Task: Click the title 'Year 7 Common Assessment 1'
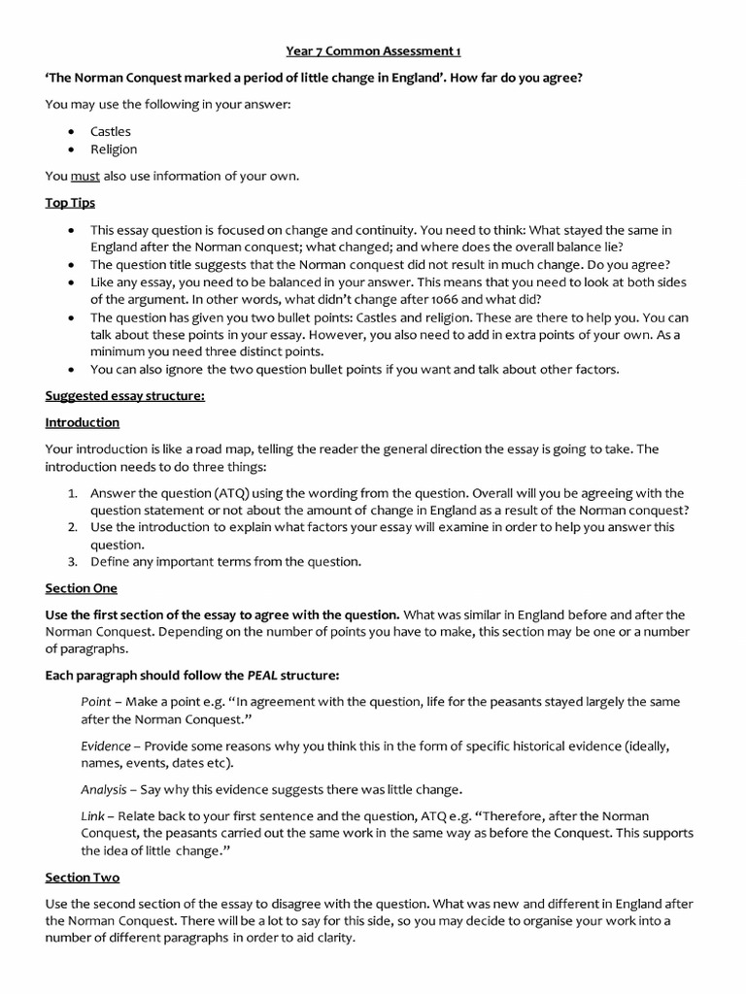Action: coord(372,51)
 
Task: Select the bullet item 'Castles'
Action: coord(111,131)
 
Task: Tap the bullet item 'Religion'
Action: coord(114,149)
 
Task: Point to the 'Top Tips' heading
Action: coord(70,203)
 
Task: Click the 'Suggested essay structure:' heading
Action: coord(125,395)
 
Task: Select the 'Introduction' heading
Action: coord(83,422)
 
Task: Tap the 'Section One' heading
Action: coord(82,588)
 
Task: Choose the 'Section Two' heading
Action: coord(83,878)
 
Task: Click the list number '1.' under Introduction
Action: coord(73,493)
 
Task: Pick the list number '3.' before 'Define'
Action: coord(73,561)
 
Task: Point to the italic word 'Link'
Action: coord(92,815)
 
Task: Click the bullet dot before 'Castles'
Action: coord(73,131)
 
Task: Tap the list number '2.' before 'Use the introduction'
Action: coord(73,527)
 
